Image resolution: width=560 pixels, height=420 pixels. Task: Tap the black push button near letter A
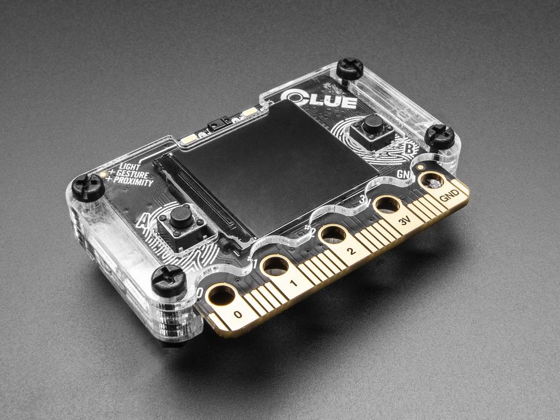coord(181,217)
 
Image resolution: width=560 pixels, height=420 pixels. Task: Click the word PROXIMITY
coord(133,182)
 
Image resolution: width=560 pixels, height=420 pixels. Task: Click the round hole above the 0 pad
coord(221,295)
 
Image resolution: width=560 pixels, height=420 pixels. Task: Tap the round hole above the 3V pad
coord(387,204)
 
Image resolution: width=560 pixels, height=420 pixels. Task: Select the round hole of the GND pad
coord(432,181)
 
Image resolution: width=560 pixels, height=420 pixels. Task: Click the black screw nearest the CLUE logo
coord(350,69)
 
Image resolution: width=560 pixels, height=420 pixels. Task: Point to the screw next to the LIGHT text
coord(88,186)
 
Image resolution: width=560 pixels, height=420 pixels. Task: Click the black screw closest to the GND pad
coord(440,136)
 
